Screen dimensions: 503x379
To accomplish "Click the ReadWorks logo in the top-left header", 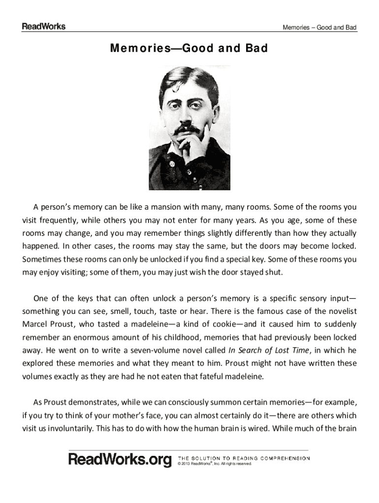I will click(x=43, y=27).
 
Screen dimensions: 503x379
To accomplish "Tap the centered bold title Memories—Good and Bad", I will click(x=189, y=49).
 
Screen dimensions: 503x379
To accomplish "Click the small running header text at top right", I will click(x=319, y=28).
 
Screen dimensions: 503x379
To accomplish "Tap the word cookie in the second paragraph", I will click(x=226, y=324).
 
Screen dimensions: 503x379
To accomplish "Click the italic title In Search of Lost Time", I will click(x=269, y=350).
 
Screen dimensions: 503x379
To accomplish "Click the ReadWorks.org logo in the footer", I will click(x=120, y=459).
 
